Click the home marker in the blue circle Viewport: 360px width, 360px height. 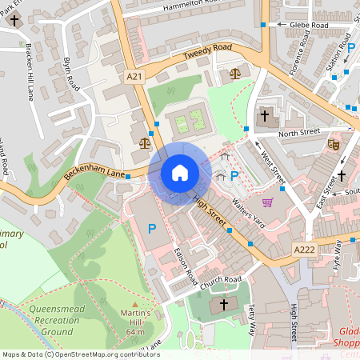click(179, 173)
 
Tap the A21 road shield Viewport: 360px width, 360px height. click(135, 76)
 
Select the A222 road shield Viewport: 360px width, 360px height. click(305, 250)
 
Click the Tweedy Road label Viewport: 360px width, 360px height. click(206, 52)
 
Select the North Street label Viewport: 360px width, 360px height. click(300, 133)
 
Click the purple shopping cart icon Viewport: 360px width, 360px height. click(267, 202)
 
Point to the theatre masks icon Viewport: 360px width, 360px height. click(334, 144)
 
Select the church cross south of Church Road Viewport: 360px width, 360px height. click(224, 304)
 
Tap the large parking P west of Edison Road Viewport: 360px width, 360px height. click(152, 230)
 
